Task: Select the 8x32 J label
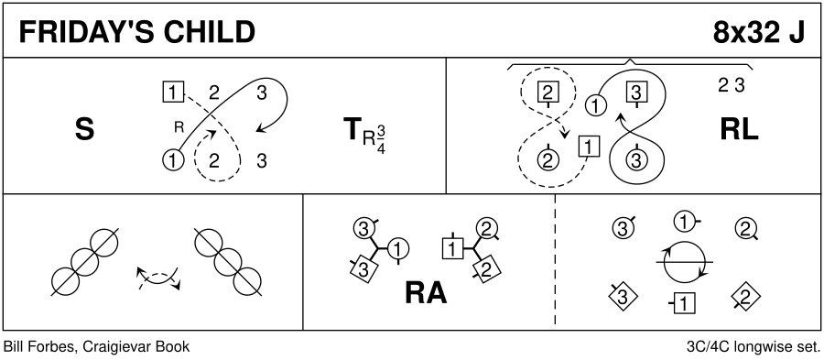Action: click(x=758, y=33)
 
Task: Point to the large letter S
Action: click(x=84, y=129)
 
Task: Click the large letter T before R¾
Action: click(x=352, y=129)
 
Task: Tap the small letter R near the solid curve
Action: click(x=178, y=126)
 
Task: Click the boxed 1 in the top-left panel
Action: click(x=173, y=93)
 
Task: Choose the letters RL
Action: click(x=739, y=129)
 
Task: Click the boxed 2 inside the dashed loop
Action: click(x=548, y=93)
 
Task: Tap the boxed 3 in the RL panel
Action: click(x=636, y=93)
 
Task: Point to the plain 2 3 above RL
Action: click(x=732, y=86)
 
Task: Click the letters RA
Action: click(x=426, y=292)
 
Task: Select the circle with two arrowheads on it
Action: click(x=685, y=262)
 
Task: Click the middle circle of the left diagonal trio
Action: click(x=84, y=260)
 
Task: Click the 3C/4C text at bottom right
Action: click(x=706, y=347)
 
